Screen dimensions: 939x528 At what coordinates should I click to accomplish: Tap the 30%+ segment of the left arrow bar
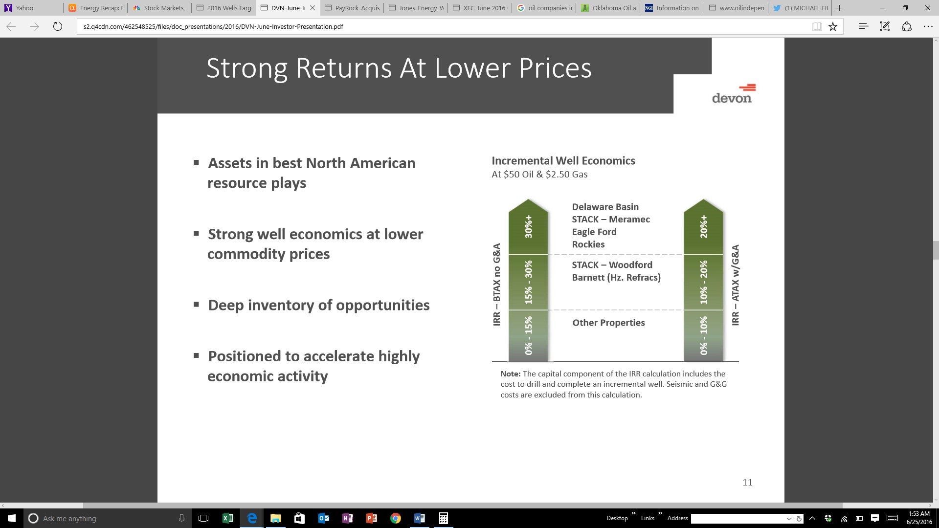click(x=528, y=227)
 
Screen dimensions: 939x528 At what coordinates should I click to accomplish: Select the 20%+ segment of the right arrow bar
click(x=703, y=227)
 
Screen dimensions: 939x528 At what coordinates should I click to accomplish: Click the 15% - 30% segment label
click(x=528, y=282)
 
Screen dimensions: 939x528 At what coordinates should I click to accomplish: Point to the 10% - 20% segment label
click(x=703, y=282)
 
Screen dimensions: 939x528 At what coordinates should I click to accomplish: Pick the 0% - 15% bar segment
click(x=528, y=336)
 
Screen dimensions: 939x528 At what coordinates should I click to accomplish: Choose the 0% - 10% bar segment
click(x=703, y=336)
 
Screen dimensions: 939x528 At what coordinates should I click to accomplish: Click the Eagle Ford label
click(x=594, y=232)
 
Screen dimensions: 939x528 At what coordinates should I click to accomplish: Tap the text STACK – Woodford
click(x=612, y=264)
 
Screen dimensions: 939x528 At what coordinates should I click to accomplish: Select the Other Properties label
click(x=608, y=323)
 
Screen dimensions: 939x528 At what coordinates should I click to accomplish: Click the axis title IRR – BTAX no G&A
click(x=497, y=285)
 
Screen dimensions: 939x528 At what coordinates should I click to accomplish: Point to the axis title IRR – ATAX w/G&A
click(x=735, y=285)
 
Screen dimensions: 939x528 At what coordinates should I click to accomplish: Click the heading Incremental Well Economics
click(x=563, y=161)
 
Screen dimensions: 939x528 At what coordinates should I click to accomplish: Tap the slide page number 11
click(x=747, y=483)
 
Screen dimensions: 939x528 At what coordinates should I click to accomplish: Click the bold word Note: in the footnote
click(x=511, y=374)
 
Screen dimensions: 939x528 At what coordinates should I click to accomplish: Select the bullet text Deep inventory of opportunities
click(x=319, y=305)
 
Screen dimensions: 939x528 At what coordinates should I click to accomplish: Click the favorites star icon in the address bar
click(x=833, y=26)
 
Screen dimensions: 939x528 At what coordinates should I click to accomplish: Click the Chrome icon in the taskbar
click(x=396, y=518)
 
